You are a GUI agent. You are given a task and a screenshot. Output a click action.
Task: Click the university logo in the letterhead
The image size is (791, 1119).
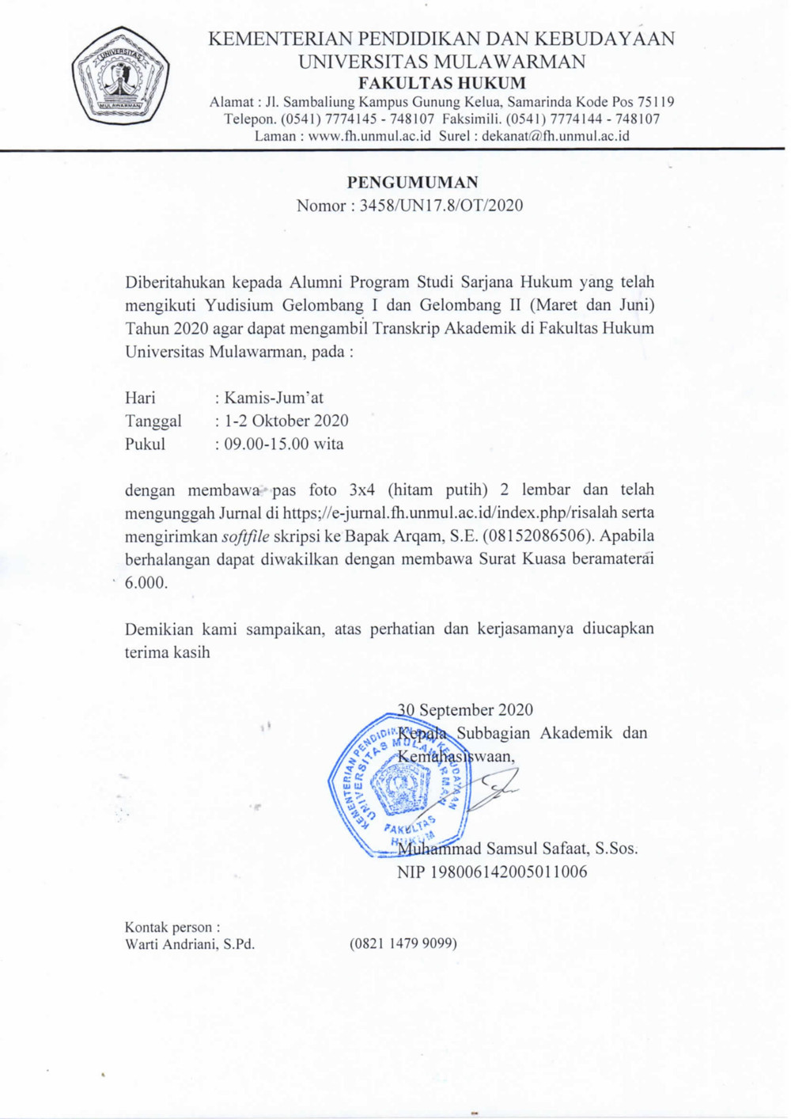click(120, 76)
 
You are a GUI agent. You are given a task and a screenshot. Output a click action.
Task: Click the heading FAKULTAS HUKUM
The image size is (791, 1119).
click(441, 83)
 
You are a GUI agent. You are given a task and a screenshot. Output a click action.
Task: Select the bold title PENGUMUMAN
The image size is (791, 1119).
click(412, 182)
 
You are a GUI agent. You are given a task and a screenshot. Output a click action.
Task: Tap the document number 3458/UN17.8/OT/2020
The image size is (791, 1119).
click(441, 206)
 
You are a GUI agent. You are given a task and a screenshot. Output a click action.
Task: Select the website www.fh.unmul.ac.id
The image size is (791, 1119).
click(369, 136)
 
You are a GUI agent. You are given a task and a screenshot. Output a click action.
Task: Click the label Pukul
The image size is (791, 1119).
click(145, 444)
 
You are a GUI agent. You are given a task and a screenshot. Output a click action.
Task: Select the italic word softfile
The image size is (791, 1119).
click(245, 536)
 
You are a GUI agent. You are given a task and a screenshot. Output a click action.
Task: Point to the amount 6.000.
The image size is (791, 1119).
click(146, 583)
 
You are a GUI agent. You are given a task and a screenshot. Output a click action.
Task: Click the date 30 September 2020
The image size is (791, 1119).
click(465, 710)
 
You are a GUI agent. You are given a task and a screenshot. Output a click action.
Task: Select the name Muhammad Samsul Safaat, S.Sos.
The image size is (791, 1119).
click(517, 849)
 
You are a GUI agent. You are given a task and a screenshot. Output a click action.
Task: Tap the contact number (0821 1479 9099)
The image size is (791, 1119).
click(403, 943)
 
